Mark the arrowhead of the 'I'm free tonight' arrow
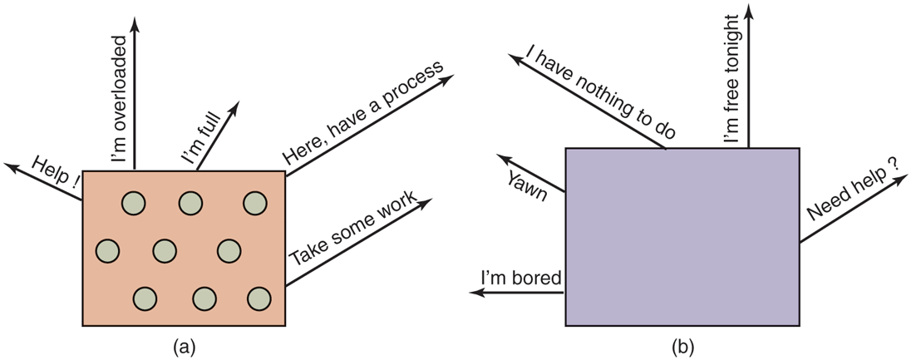pyautogui.click(x=749, y=10)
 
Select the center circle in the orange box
pyautogui.click(x=165, y=249)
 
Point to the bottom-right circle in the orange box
pyautogui.click(x=259, y=298)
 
